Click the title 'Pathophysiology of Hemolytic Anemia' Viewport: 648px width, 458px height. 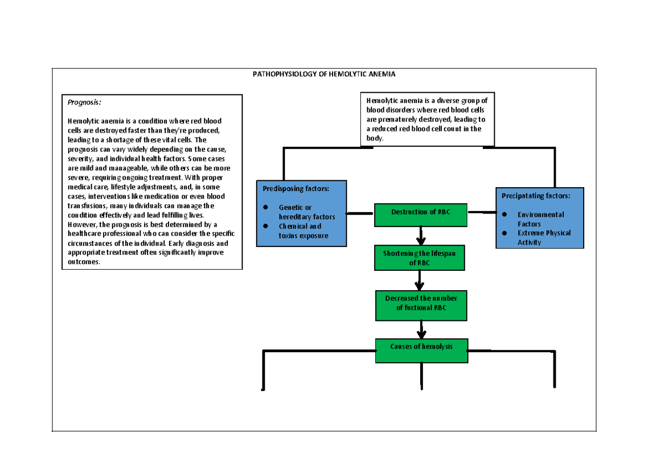click(324, 74)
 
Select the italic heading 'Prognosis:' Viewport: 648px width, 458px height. click(84, 102)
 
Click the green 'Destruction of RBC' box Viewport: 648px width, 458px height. click(421, 212)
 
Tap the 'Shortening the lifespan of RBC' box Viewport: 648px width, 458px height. click(420, 258)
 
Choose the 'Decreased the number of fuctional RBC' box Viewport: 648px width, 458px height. click(421, 303)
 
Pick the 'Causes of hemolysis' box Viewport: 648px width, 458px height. click(421, 347)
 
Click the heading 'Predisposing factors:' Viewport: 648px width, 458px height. click(295, 189)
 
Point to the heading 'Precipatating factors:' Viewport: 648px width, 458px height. click(535, 196)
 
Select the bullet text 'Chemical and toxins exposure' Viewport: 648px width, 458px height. click(303, 231)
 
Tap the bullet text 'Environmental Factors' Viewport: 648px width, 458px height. click(541, 218)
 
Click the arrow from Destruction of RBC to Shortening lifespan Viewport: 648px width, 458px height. click(421, 235)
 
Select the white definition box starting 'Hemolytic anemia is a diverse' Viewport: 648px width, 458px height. click(427, 119)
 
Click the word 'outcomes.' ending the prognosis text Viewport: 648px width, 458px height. click(84, 262)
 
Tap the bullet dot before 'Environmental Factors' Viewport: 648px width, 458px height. click(504, 215)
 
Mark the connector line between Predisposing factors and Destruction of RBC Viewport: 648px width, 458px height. click(360, 214)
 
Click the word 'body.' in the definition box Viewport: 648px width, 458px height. click(374, 139)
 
